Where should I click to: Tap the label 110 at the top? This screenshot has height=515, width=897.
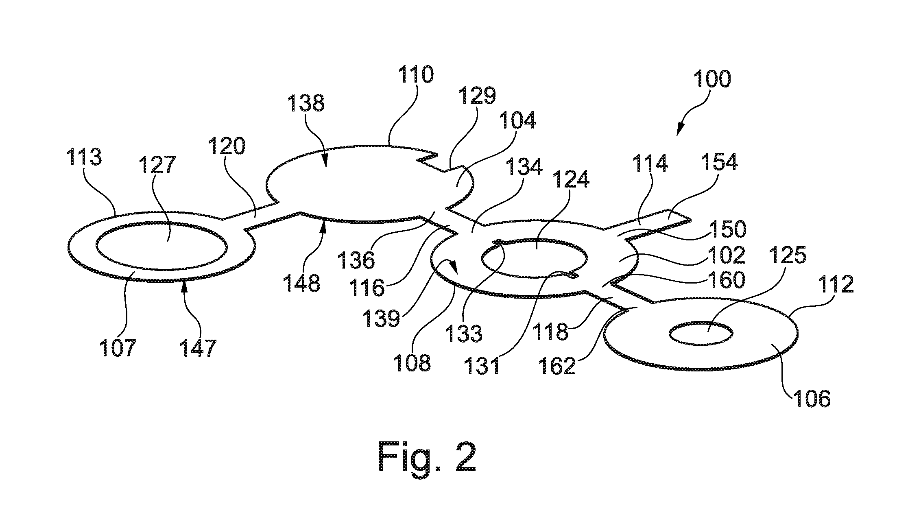pos(416,74)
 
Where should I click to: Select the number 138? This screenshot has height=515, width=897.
pos(306,103)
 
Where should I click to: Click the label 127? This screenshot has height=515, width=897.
pos(157,166)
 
